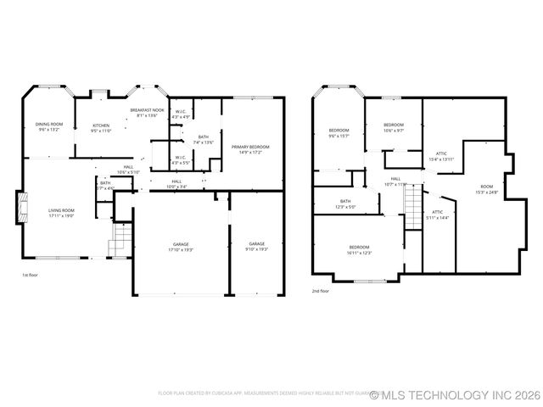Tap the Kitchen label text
101,127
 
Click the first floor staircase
122,237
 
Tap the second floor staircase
412,203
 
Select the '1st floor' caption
31,275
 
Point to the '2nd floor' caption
320,291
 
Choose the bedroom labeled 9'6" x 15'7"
339,133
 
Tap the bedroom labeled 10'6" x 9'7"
393,128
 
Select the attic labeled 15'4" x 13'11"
441,156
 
